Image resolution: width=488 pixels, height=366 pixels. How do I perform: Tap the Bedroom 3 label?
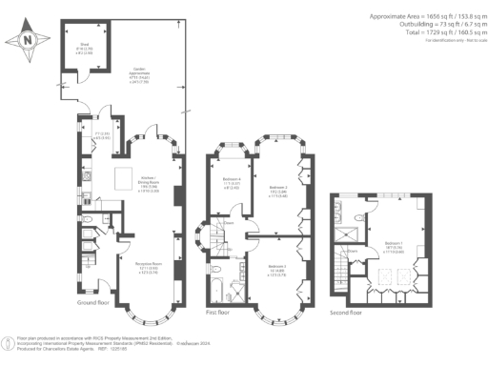[277, 268]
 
